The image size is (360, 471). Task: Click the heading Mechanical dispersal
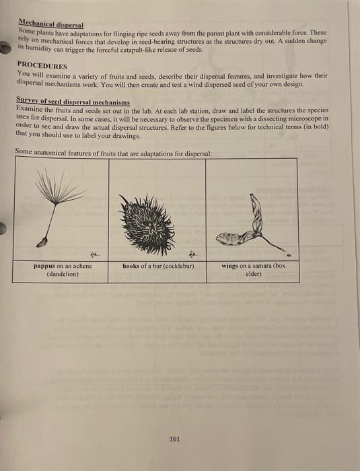(50, 24)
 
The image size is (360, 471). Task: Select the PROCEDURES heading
(42, 66)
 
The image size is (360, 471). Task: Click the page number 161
(174, 439)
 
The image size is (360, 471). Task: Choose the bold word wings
(230, 266)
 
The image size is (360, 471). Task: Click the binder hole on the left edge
(3, 229)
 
